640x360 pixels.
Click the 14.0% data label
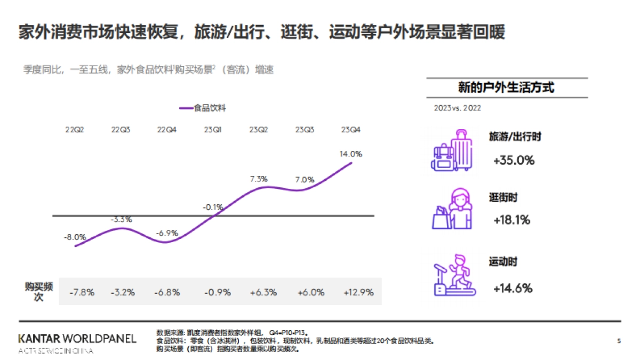point(350,154)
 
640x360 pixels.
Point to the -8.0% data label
point(75,236)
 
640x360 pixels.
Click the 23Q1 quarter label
point(213,130)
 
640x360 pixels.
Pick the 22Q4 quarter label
point(167,130)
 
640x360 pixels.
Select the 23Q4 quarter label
point(350,130)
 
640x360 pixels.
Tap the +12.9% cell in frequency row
point(358,292)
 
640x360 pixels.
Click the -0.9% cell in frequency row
point(218,292)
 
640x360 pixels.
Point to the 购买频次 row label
point(38,292)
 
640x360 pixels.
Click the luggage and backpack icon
point(451,150)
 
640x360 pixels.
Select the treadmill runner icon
point(452,275)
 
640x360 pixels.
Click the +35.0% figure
point(514,160)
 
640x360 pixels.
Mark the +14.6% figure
point(513,289)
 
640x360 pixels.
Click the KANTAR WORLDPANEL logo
point(77,339)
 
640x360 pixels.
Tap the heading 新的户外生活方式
point(506,87)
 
